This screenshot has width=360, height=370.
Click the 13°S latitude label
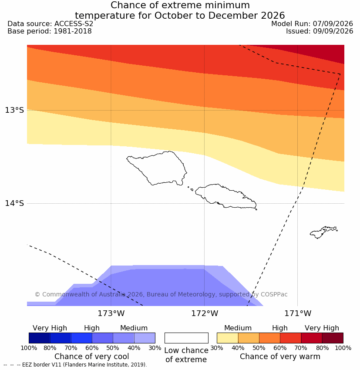pos(14,110)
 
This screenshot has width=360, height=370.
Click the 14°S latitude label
pos(14,203)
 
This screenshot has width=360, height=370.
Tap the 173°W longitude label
pos(111,313)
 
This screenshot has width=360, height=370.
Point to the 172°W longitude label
pos(205,313)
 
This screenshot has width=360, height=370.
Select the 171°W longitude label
pos(298,313)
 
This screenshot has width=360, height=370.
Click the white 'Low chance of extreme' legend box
pos(186,338)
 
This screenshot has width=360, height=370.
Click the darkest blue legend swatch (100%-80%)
pos(40,338)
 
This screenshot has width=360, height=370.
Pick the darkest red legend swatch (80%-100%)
pos(333,338)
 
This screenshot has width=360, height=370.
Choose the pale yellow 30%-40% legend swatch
pos(227,338)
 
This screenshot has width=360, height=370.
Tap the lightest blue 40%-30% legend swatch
pos(145,338)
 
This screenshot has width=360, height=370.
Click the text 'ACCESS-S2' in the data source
pos(74,24)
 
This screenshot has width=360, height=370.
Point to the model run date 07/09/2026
pos(333,24)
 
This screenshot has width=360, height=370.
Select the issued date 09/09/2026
pos(333,31)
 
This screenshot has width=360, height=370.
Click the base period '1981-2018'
pos(73,31)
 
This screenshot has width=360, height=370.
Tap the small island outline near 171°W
pos(323,232)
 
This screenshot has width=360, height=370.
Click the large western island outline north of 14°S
pos(157,168)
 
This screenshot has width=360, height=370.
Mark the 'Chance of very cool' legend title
pos(92,357)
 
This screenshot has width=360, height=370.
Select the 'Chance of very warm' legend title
pos(280,357)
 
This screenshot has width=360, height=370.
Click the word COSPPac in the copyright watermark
pos(274,294)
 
